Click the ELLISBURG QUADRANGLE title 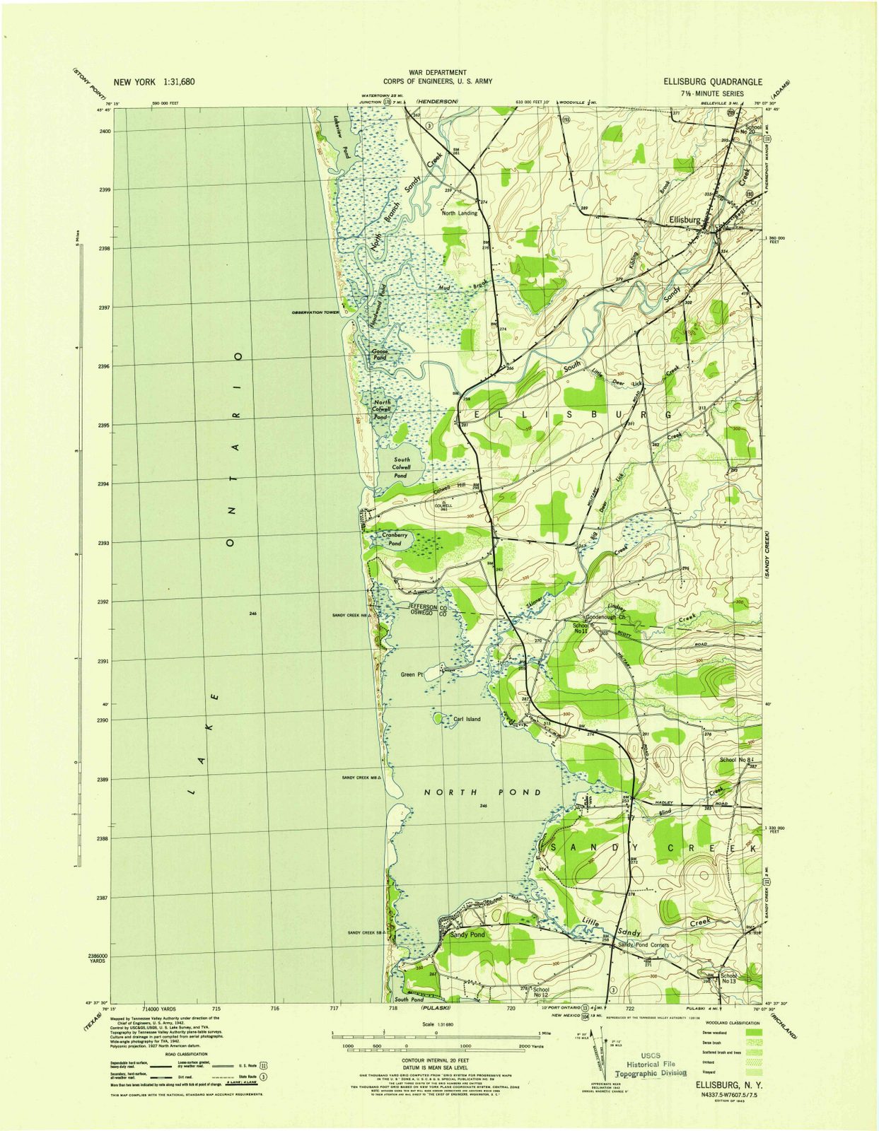click(712, 81)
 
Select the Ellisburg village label click(685, 220)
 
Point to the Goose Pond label click(380, 355)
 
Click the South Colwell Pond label click(401, 468)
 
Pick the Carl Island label click(467, 720)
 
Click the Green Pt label click(412, 674)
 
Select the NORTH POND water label click(482, 792)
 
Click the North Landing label click(460, 213)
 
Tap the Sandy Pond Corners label click(643, 944)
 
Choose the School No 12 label click(541, 992)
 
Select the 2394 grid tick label click(105, 484)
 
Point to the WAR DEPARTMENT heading click(437, 72)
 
